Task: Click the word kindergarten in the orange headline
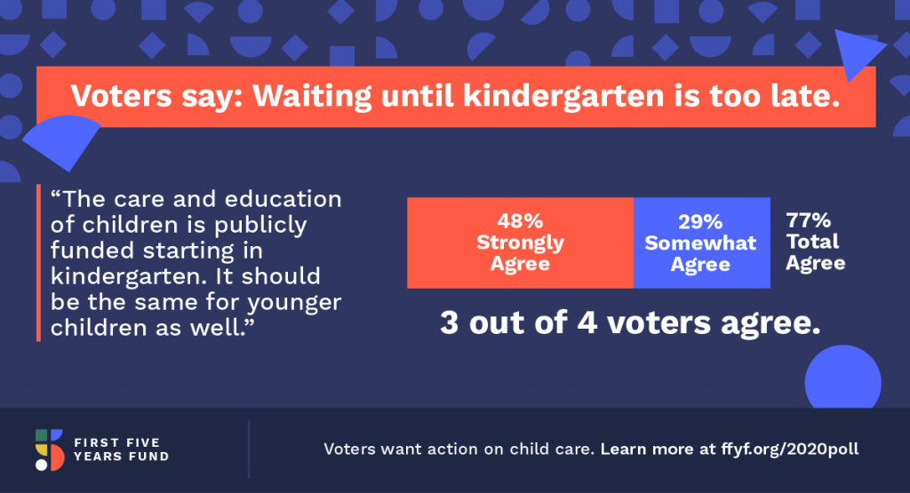563,96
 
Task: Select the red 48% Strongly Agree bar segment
520,243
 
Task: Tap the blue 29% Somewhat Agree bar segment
702,243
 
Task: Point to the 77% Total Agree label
815,242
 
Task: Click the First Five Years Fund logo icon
50,450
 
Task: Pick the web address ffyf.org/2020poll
790,449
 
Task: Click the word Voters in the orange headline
121,96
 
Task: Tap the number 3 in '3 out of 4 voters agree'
449,322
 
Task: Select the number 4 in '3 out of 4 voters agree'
587,322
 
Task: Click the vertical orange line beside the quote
38,263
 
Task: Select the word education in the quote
283,199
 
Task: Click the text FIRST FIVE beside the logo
116,442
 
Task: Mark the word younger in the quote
294,303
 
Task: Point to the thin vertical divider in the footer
249,449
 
